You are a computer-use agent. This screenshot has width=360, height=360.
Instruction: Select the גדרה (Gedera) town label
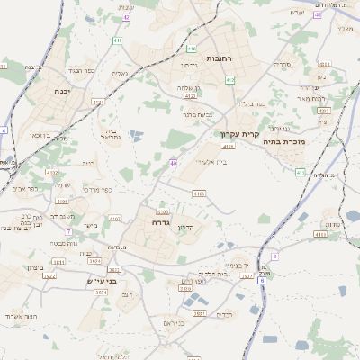click(x=163, y=221)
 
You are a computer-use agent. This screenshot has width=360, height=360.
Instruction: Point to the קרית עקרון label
click(x=240, y=134)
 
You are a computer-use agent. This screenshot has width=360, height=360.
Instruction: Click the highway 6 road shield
click(x=262, y=281)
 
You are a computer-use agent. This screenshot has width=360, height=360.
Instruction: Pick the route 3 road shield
click(x=275, y=256)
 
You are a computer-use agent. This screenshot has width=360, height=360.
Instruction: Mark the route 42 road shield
click(x=126, y=17)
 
